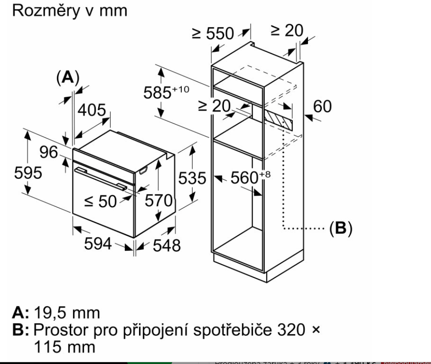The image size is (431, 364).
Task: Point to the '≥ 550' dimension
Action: pyautogui.click(x=220, y=34)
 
